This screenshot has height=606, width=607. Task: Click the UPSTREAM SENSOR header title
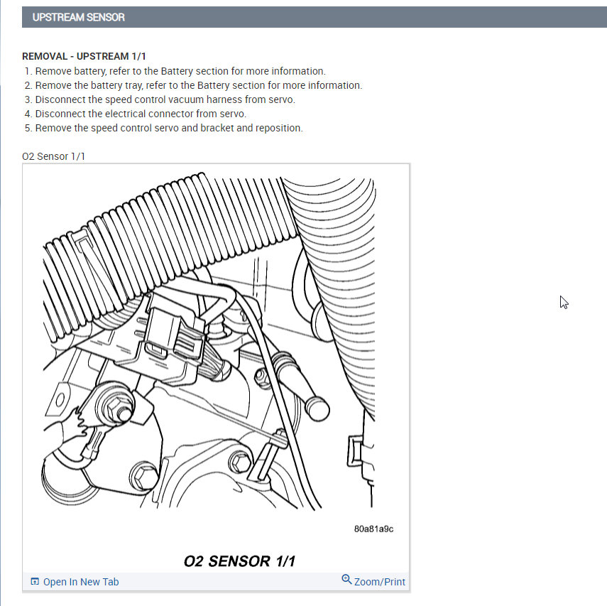click(78, 17)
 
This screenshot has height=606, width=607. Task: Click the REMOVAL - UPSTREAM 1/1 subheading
click(84, 56)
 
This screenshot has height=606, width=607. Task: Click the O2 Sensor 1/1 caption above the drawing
click(53, 156)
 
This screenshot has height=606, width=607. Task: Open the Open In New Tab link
click(81, 582)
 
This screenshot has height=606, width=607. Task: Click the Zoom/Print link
click(380, 582)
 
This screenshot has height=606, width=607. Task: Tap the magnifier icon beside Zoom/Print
click(346, 580)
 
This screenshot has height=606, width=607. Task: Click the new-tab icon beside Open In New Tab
click(35, 582)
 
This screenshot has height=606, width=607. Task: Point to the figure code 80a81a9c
click(373, 529)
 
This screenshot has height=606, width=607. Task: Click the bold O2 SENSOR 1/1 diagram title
click(239, 561)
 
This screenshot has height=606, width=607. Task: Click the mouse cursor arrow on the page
click(564, 302)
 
